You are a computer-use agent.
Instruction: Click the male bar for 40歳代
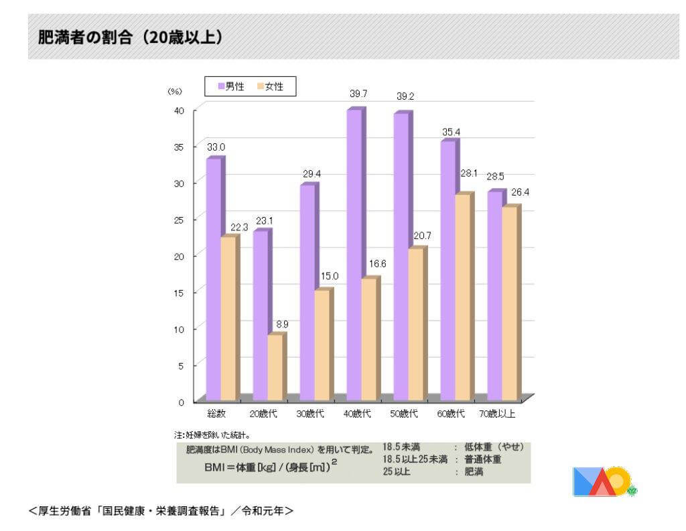coord(354,254)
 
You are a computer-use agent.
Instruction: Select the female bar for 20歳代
coord(275,367)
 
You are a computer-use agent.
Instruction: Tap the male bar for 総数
coord(213,279)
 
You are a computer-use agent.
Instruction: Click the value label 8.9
coord(282,324)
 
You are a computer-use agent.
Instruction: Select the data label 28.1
coord(468,173)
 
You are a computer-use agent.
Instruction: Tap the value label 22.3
coord(238,228)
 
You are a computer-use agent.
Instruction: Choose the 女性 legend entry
coord(269,86)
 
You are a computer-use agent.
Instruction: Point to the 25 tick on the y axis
coord(180,219)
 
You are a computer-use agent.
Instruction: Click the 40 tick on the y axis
coord(180,110)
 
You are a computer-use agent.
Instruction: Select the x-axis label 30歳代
coord(310,414)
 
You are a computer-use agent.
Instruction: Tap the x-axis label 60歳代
coord(451,414)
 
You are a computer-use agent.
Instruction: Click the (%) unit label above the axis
coord(175,92)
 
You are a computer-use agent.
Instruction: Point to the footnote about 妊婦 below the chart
coord(213,434)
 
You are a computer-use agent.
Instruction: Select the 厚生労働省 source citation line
coord(161,511)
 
